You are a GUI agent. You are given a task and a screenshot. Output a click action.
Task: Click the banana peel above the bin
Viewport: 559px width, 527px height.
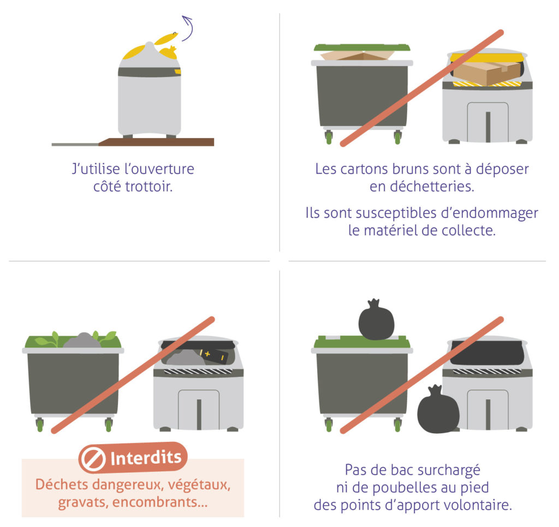point(166,38)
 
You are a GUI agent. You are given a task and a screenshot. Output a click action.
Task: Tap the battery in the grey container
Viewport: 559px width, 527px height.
point(214,355)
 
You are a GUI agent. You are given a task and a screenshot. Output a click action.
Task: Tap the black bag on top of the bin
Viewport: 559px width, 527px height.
point(376,320)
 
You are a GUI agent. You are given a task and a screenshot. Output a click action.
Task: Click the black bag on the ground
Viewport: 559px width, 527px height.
point(438,410)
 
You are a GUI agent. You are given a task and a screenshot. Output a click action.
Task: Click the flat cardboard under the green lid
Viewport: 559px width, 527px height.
point(357,55)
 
